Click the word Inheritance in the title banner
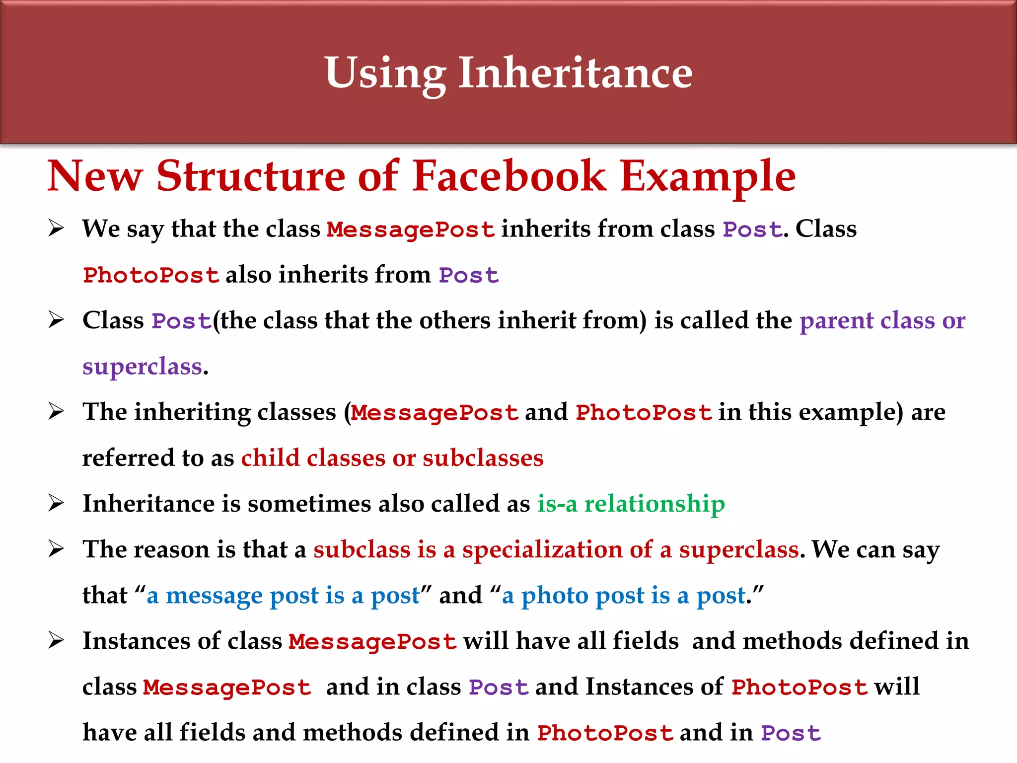pos(575,73)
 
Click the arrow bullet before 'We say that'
pos(56,229)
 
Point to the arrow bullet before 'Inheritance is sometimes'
pos(56,503)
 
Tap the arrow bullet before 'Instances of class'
pos(56,641)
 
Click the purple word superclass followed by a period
pos(143,367)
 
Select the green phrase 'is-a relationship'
pos(631,504)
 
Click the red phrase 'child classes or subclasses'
pos(392,458)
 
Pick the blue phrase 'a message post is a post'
pos(283,595)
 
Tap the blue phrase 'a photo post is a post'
pos(624,595)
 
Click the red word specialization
pos(542,550)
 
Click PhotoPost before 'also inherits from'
pos(151,275)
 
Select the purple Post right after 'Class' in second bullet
pos(181,321)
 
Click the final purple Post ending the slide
pos(791,733)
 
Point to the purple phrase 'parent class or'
pos(882,320)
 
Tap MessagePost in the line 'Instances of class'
pos(372,641)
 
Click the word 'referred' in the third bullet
pos(128,458)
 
